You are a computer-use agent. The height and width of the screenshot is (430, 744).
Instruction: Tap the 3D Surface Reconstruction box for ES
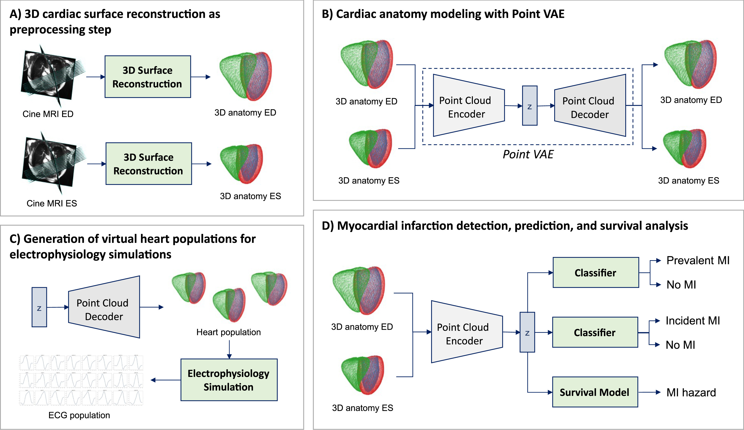(x=149, y=164)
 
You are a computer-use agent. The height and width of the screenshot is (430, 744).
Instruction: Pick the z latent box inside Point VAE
(x=529, y=106)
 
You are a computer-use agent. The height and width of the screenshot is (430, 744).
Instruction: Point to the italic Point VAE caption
(x=528, y=154)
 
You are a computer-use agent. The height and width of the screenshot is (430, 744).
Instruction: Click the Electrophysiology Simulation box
(x=229, y=380)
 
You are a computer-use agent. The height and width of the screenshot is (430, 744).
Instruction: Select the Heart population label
(x=229, y=332)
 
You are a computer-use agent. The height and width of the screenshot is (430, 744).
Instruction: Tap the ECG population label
(x=79, y=415)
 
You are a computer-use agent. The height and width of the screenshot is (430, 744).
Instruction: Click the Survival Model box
(x=595, y=392)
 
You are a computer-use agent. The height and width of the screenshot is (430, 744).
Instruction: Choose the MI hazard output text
(x=691, y=392)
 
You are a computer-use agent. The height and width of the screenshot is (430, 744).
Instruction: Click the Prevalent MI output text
(x=698, y=260)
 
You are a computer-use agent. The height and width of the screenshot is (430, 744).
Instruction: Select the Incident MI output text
(x=693, y=321)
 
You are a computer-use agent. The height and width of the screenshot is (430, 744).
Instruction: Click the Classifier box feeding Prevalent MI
(x=595, y=273)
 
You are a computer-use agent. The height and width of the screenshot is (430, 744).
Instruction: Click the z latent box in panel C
(x=39, y=307)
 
